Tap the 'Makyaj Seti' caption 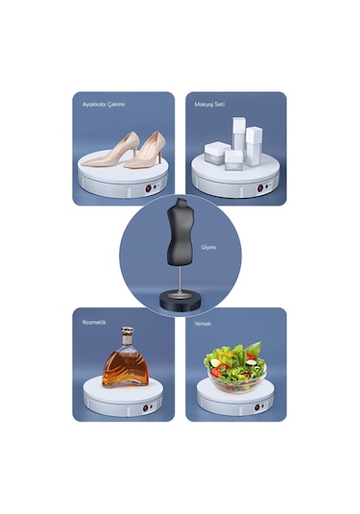point(209,104)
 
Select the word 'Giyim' point(209,247)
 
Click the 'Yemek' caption point(203,323)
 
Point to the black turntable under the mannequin point(180,305)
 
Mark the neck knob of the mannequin point(180,202)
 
